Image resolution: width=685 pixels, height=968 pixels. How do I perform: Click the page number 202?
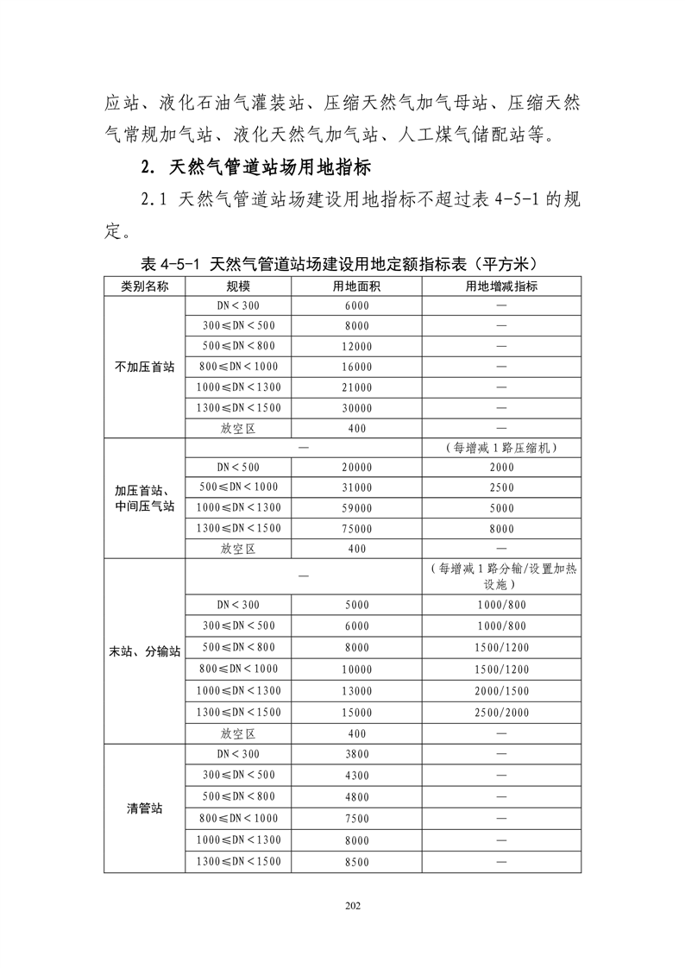click(x=351, y=905)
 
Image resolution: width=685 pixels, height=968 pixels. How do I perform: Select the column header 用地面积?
click(x=356, y=286)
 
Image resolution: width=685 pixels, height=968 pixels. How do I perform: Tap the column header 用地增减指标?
click(x=501, y=286)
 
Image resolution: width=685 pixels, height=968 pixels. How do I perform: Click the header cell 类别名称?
click(x=144, y=286)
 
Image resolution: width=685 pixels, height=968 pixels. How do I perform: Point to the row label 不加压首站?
click(x=144, y=367)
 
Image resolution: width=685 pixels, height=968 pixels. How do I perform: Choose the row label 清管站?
click(x=144, y=809)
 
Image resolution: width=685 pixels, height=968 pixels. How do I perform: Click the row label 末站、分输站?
click(x=144, y=651)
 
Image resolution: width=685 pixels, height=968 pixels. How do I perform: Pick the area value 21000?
click(x=356, y=388)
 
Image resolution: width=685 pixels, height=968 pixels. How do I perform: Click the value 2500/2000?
click(x=501, y=713)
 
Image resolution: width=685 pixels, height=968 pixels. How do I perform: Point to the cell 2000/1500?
click(x=501, y=691)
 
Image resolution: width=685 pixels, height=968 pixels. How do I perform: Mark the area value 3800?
click(x=356, y=755)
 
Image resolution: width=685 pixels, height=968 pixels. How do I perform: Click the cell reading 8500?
click(x=356, y=862)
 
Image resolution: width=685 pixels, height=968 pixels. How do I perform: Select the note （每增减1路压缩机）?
click(x=501, y=448)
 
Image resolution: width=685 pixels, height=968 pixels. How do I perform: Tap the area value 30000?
click(x=356, y=409)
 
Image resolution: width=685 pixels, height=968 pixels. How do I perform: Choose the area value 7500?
click(x=356, y=819)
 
